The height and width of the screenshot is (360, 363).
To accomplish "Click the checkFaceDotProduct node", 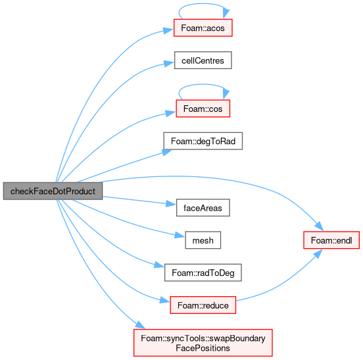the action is click(53, 191).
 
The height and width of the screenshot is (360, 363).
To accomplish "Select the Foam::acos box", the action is click(203, 28).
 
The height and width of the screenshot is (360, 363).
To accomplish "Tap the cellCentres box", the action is click(203, 61).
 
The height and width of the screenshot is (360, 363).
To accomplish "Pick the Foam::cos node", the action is click(203, 109).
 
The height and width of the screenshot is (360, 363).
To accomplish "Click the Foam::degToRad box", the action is click(203, 141).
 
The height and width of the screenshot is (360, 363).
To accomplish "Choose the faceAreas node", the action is click(203, 207).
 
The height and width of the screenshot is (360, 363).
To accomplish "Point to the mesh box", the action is click(203, 240).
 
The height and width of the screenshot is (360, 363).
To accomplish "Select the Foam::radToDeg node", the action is click(203, 272).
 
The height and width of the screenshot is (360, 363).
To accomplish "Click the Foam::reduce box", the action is click(203, 305).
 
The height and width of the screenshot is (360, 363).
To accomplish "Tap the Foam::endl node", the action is click(331, 240).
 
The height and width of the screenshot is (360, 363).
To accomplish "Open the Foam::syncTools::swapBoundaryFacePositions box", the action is click(203, 343).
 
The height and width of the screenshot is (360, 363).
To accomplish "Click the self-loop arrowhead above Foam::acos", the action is click(226, 13).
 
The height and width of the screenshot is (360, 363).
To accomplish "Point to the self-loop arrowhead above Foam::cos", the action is click(226, 94).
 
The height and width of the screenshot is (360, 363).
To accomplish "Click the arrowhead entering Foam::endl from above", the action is click(319, 226).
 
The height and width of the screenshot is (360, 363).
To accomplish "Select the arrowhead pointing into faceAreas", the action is click(171, 204).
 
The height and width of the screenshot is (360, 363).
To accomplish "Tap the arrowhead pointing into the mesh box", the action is click(180, 235).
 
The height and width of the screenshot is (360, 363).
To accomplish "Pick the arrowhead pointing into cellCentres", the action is click(169, 63).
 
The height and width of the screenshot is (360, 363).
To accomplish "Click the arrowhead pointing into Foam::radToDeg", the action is click(159, 265).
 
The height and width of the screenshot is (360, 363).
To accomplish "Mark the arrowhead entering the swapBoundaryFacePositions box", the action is click(140, 324).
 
